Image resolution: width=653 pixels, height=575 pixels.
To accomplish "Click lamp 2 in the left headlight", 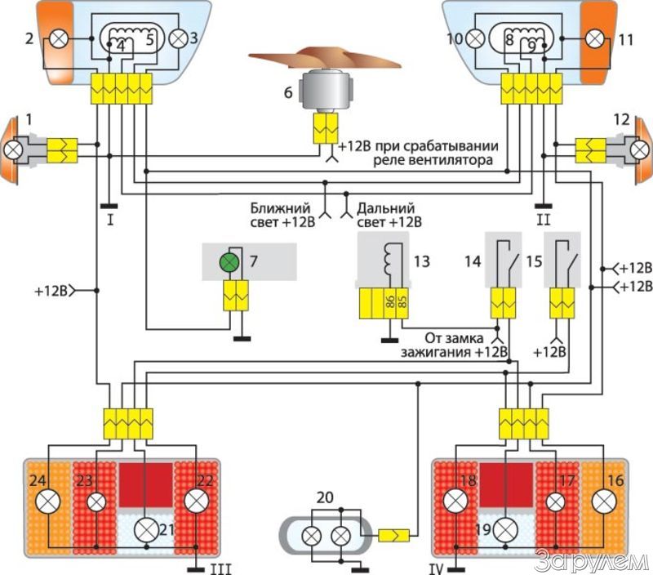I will tap(58, 38).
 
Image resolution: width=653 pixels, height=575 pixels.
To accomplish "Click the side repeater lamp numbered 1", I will tap(13, 149).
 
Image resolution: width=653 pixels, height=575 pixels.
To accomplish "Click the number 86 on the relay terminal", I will tap(390, 302).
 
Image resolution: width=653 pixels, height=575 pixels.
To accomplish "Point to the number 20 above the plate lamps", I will tap(325, 498).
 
